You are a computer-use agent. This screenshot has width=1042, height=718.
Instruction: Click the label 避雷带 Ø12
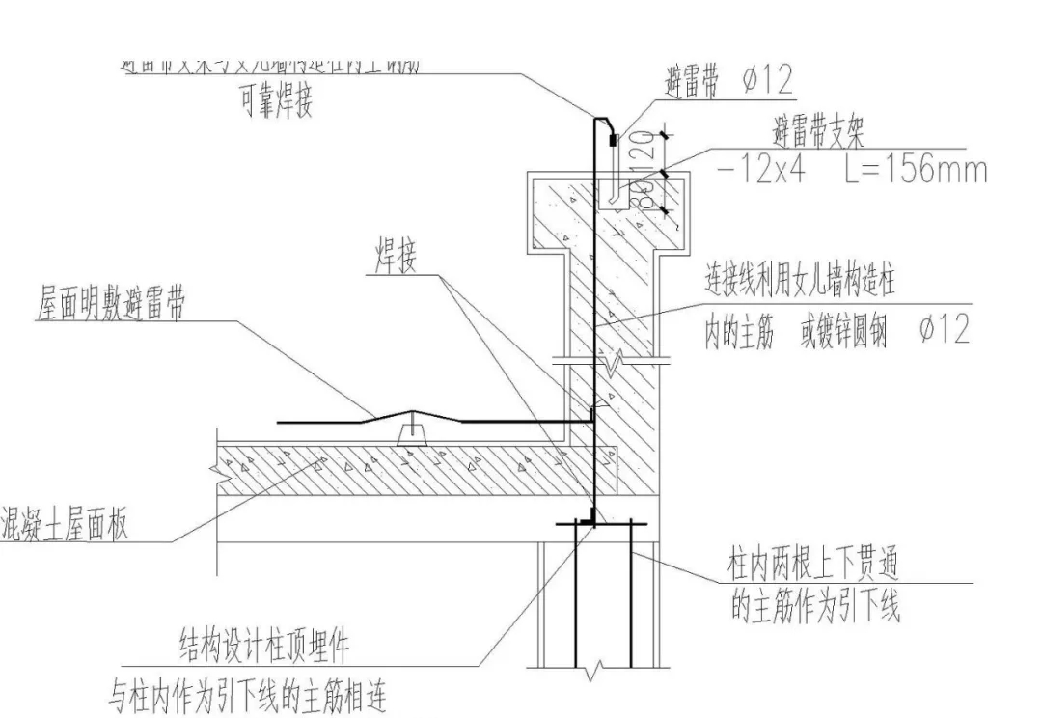click(x=729, y=82)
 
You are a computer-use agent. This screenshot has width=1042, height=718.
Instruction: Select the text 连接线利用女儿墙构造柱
click(x=801, y=283)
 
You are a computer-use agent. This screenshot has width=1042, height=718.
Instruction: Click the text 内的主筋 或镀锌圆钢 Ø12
click(x=836, y=331)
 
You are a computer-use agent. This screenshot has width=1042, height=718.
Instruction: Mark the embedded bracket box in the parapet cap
click(x=614, y=195)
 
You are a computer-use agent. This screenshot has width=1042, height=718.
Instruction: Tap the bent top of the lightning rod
click(x=604, y=122)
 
